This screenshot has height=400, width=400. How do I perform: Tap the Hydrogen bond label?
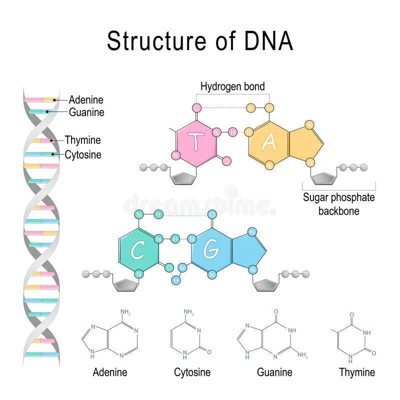coord(232,86)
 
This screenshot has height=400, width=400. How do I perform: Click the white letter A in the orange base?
coord(269,142)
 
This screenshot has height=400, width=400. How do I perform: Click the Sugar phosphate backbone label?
coord(338,203)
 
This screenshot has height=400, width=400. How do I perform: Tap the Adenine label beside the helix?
coord(86,100)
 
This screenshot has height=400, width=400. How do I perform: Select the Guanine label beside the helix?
coord(86,112)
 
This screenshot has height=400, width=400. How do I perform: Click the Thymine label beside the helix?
coord(82,140)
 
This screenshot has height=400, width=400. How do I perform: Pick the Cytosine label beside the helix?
coord(83,155)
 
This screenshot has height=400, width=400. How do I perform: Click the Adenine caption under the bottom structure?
coord(110,372)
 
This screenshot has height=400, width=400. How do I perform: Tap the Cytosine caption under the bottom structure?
coord(192,372)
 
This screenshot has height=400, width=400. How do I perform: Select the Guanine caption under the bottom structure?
coord(274,372)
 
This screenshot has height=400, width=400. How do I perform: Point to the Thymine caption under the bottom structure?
coord(356,372)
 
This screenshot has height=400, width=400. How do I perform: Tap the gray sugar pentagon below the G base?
coord(266,285)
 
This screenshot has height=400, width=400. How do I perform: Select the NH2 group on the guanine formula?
coord(302,355)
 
